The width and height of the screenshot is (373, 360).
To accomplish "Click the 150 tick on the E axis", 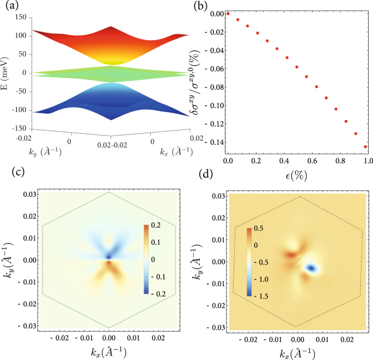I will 21,17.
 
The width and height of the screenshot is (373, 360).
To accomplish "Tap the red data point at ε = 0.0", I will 228,13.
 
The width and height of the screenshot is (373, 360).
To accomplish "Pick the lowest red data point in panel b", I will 365,146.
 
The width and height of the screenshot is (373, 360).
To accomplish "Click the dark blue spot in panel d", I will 311,268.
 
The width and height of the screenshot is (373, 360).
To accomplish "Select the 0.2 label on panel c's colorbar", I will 156,225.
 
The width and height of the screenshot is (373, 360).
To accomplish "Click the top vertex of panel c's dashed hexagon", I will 109,193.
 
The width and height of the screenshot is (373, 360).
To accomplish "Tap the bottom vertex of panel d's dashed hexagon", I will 297,326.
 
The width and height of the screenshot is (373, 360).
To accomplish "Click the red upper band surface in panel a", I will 109,46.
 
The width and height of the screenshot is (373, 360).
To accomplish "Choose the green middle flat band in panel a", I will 109,73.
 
